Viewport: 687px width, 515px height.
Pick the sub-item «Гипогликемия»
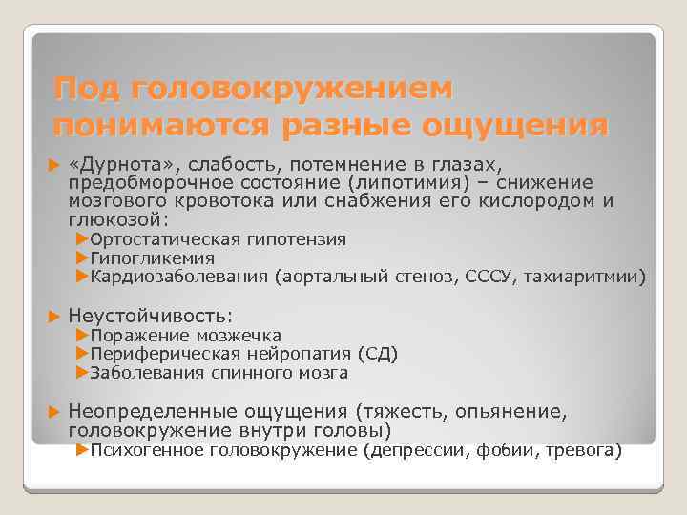click(x=152, y=258)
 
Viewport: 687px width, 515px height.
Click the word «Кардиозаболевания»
click(x=179, y=278)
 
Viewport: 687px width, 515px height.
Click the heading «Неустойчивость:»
click(x=151, y=316)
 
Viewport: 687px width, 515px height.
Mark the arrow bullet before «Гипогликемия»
click(x=81, y=258)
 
